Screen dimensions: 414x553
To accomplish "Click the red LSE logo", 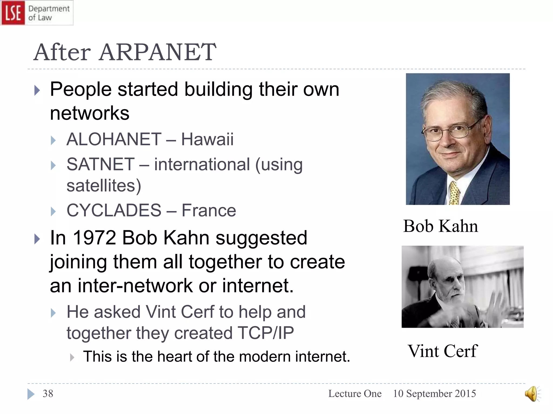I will point(13,13).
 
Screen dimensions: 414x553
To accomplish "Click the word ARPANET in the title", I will point(157,52).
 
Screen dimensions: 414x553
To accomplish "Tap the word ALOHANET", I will point(114,139).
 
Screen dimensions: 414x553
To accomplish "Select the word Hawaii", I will point(207,139).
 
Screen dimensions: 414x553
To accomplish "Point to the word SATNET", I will point(100,164).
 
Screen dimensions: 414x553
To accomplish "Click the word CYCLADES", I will point(114,210).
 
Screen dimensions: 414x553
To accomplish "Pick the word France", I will point(209,210).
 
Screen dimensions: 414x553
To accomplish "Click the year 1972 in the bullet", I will point(94,238).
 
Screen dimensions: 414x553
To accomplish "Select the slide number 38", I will point(48,394).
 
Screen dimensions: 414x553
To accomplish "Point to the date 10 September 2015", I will point(434,394).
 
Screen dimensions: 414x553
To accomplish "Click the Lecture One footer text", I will point(355,394).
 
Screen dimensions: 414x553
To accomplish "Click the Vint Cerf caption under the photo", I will point(443,351).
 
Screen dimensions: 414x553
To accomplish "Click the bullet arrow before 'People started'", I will point(37,90).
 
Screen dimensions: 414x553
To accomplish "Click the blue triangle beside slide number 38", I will point(31,394).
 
